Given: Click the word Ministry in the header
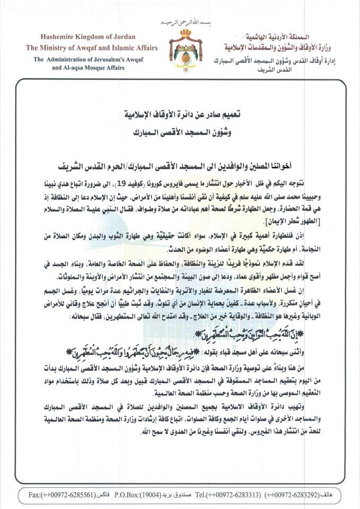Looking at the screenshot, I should pyautogui.click(x=62, y=48).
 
